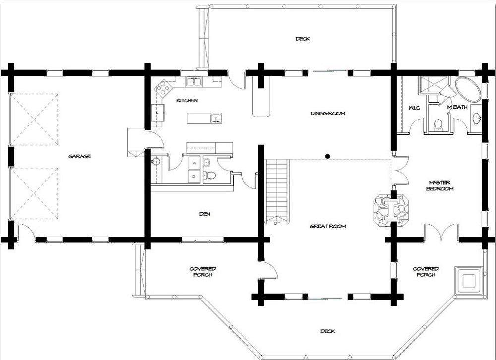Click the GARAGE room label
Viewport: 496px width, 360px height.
pos(80,156)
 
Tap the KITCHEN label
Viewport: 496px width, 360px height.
pos(187,101)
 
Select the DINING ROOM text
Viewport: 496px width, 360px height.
pos(328,113)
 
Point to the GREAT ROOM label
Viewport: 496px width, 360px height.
pos(328,226)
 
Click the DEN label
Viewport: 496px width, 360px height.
pos(205,214)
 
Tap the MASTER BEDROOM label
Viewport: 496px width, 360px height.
pos(439,186)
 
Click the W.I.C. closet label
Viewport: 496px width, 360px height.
pos(414,108)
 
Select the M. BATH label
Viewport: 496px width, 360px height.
pos(457,107)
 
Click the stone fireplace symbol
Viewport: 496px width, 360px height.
pos(391,210)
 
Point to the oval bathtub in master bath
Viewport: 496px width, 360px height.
pos(468,90)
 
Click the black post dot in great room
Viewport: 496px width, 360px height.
pos(328,156)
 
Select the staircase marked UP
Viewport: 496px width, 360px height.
pos(277,191)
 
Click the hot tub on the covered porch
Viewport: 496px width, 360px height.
pos(469,281)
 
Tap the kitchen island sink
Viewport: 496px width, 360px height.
pos(216,119)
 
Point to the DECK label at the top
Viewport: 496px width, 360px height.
pos(303,39)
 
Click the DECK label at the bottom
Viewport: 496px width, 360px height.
pos(328,331)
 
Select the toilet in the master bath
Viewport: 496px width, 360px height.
pos(438,124)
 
